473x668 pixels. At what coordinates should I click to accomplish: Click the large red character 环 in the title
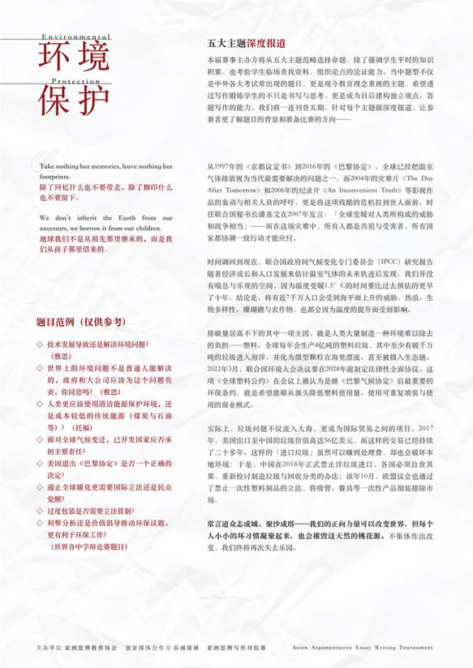(54, 60)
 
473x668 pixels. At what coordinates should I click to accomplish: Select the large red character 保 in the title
(54, 101)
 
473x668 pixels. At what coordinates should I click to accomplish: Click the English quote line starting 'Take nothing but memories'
(105, 166)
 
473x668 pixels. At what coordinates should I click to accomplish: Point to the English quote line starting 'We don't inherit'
(105, 218)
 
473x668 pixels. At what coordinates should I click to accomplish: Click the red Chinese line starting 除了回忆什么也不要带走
(105, 186)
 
